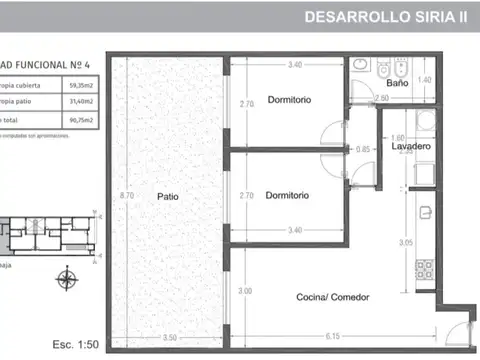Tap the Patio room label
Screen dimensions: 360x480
167,196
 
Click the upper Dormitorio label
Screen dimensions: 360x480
288,99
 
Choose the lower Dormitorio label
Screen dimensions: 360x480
288,195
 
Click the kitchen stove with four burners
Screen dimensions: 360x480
424,268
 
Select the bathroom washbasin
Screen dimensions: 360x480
361,66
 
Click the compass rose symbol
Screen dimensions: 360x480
67,279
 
